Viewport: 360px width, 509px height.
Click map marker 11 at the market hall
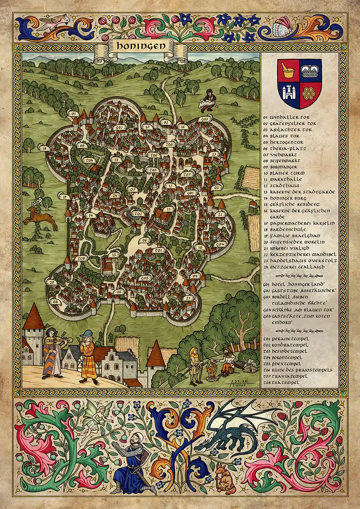coord(169,209)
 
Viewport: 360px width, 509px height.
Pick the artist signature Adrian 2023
coord(239,382)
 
